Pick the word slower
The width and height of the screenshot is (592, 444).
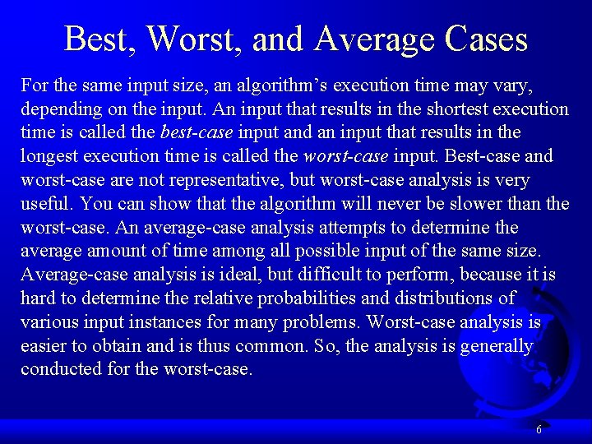pos(481,203)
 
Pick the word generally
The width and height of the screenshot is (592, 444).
pos(496,345)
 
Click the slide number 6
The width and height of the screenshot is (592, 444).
pos(539,429)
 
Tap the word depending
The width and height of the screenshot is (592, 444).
pos(62,109)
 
